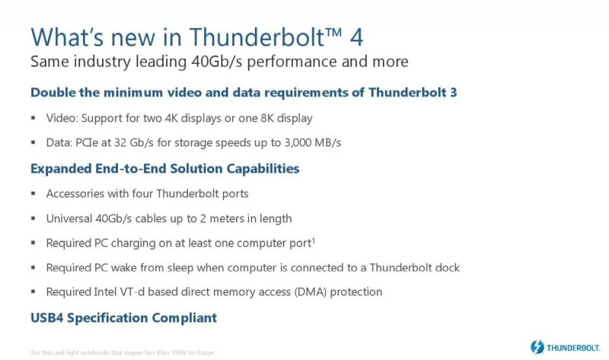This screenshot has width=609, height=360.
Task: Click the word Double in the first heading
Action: coord(53,93)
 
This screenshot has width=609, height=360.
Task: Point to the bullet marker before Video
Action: coord(33,119)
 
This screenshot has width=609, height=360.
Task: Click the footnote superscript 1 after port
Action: coord(314,241)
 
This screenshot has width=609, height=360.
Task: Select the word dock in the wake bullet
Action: coord(445,267)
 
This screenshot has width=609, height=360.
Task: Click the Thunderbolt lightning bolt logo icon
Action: coord(537,346)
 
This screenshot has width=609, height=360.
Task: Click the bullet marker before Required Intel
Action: coord(33,292)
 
